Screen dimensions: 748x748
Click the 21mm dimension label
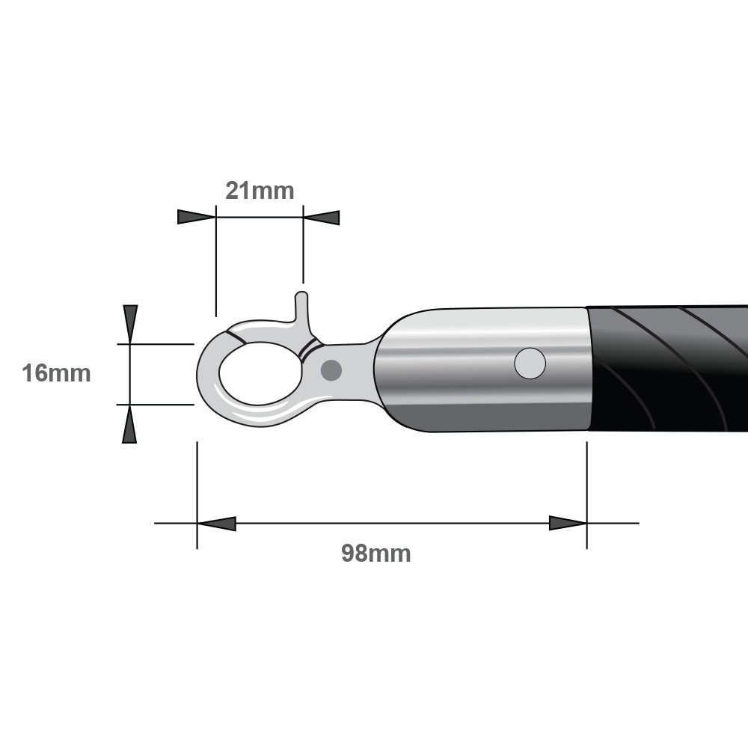coord(260,191)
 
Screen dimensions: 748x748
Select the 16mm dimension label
coord(56,373)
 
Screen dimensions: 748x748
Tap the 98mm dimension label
coord(376,554)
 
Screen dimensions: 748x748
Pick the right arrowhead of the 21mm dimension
coord(322,218)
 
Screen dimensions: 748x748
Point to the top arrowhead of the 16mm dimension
coord(130,325)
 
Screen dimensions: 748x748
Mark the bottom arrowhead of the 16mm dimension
coord(129,424)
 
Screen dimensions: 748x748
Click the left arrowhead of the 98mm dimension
coord(217,524)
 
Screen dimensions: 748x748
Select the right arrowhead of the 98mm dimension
coord(568,524)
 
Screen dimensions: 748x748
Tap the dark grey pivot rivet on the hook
coord(331,370)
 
